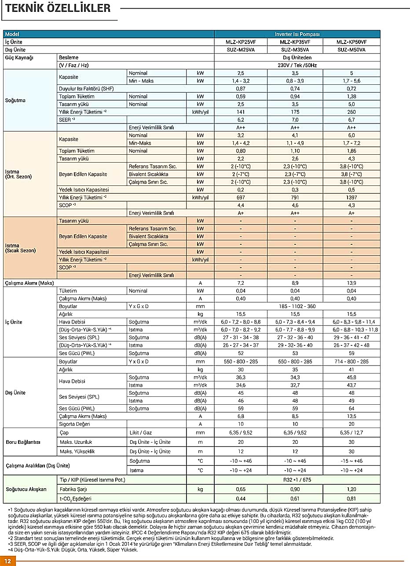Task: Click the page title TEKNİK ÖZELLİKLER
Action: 58,9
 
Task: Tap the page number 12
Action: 8,561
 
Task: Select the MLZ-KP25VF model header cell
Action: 240,42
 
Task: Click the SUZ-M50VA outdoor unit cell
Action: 351,50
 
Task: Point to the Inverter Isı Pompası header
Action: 297,34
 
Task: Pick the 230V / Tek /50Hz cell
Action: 297,65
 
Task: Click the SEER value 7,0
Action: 295,120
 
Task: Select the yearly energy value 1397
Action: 351,197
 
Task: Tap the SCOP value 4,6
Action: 295,205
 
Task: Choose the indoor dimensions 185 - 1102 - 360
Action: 297,306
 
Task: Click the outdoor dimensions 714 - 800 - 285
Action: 351,361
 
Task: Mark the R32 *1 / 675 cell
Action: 297,480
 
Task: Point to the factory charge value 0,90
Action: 295,489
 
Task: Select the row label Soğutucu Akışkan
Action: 26,489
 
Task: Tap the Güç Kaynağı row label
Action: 19,58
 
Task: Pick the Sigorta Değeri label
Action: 74,424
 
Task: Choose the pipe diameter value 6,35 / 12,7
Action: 351,433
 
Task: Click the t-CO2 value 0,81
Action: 351,498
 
